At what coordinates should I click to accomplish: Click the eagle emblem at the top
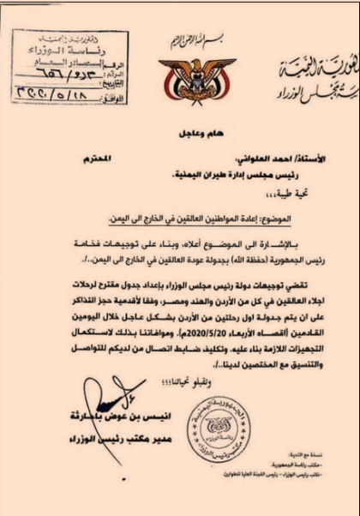[x=179, y=69]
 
